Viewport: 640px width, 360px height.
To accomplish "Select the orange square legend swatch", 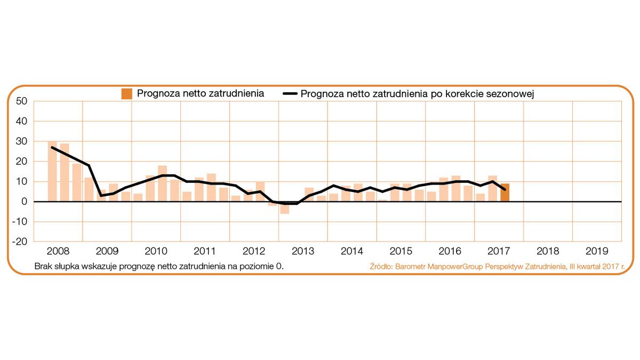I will click(x=127, y=94).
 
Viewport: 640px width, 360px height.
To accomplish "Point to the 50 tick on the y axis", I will click(x=21, y=101).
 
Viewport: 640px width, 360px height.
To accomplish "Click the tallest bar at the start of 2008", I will click(x=52, y=172).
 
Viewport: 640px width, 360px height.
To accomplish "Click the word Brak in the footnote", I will click(x=43, y=266).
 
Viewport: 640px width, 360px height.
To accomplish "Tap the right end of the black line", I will click(x=505, y=189).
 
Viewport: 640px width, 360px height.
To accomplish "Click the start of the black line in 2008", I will click(x=52, y=147).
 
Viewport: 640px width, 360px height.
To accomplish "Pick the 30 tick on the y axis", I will click(x=21, y=141).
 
